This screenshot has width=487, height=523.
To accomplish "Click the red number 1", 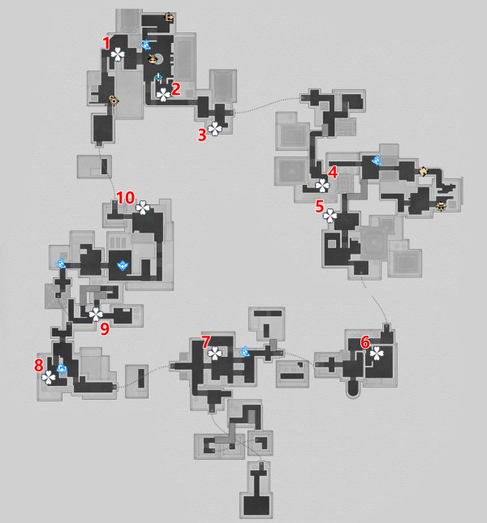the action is [x=106, y=43].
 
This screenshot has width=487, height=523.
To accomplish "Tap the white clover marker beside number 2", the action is [x=163, y=95].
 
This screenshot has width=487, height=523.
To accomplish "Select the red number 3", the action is [x=202, y=135].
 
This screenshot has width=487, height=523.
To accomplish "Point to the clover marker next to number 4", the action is [x=322, y=186].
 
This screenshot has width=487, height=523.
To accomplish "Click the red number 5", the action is [x=320, y=207].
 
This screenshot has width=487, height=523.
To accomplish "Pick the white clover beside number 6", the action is [x=377, y=354].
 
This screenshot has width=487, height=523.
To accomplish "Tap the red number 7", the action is [x=206, y=341].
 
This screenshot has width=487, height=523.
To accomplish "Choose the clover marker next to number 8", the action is [x=49, y=378].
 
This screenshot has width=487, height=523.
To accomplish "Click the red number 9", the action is [x=105, y=329].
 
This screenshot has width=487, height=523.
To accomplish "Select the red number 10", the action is [x=125, y=198].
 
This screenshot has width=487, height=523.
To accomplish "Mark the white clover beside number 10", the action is [x=143, y=208].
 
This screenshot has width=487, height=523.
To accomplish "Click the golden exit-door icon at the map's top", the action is [x=170, y=17].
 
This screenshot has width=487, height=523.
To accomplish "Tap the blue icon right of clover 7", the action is [x=245, y=352].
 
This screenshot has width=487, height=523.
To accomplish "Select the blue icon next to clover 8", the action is [x=62, y=369].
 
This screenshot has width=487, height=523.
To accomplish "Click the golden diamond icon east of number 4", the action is [x=423, y=171].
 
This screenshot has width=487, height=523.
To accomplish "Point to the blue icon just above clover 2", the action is [x=158, y=78].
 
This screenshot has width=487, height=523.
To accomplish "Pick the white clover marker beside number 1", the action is [x=118, y=54].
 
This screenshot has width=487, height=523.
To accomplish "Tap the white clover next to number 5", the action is [x=330, y=216].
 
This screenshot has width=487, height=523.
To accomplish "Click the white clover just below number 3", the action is [x=215, y=129].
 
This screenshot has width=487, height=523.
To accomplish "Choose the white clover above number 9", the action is [x=96, y=314].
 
